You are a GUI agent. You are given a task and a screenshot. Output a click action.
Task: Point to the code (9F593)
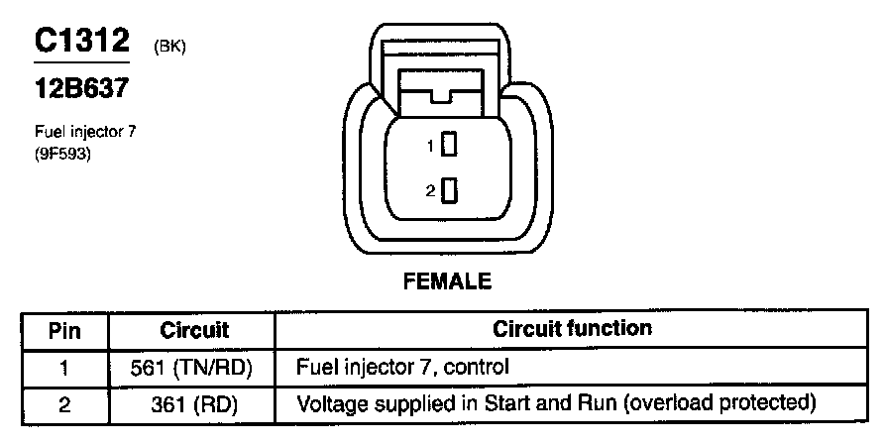tap(62, 152)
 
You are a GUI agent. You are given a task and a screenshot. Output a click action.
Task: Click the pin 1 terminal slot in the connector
tap(449, 145)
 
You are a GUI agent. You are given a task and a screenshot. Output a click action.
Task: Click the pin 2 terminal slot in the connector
tap(449, 190)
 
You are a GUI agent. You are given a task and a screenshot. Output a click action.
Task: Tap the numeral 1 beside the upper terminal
tap(431, 146)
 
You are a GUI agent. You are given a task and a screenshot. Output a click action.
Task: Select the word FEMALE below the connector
tap(447, 281)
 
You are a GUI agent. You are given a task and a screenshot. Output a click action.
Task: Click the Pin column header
tap(64, 330)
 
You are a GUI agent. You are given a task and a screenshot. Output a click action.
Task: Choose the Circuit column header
tap(194, 330)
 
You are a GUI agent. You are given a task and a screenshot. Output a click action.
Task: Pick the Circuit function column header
tap(572, 328)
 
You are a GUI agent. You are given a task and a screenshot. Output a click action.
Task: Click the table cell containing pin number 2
tap(64, 403)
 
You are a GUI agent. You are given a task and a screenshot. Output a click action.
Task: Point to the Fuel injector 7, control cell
tap(402, 367)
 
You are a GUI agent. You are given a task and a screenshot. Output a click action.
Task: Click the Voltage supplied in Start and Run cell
tap(555, 403)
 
